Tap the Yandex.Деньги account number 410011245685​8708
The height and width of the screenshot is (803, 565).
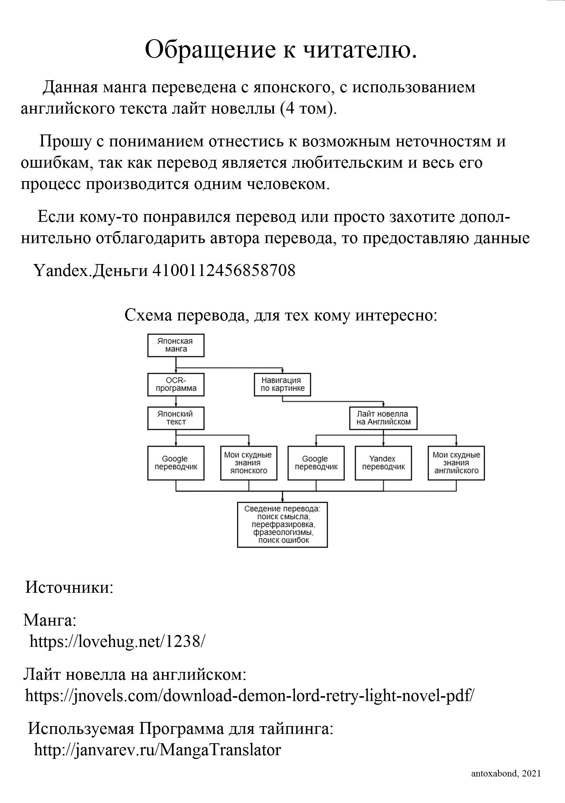pos(223,270)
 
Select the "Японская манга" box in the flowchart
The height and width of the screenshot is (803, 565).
pos(176,345)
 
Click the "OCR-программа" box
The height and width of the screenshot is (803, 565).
pos(176,384)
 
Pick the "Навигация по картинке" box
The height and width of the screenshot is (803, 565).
pos(282,384)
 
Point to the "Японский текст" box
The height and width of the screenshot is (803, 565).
pos(176,418)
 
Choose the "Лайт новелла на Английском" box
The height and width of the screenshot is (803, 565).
pos(383,418)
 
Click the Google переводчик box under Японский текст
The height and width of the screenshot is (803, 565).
pos(176,463)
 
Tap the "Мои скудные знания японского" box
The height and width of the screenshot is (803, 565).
pos(248,463)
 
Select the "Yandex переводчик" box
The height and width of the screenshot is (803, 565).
pos(383,463)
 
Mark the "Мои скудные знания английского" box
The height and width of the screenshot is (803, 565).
pos(456,463)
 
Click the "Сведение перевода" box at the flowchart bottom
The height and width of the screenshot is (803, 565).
pos(282,525)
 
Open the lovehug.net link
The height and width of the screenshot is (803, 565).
pos(117,642)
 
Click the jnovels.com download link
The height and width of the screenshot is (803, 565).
pos(250,695)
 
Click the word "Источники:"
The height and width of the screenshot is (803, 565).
pos(69,587)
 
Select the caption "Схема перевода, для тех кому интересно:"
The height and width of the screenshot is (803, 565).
pos(281,316)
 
